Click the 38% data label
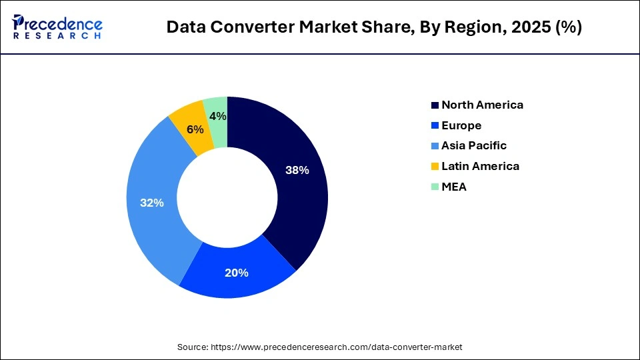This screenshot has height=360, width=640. click(x=297, y=170)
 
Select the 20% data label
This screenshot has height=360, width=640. click(x=236, y=273)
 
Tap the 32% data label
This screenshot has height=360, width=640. click(x=151, y=203)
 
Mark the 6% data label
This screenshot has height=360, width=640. click(x=195, y=129)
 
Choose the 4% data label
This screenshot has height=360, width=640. click(x=217, y=116)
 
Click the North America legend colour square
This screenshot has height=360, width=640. click(x=435, y=105)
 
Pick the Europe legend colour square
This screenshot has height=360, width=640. click(x=435, y=125)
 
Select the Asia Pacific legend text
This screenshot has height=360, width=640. click(x=473, y=145)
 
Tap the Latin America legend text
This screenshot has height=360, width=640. click(x=480, y=166)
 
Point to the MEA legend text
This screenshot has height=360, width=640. click(x=454, y=187)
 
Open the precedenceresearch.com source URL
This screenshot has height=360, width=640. click(x=336, y=347)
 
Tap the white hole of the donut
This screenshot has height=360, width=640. click(x=227, y=198)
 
